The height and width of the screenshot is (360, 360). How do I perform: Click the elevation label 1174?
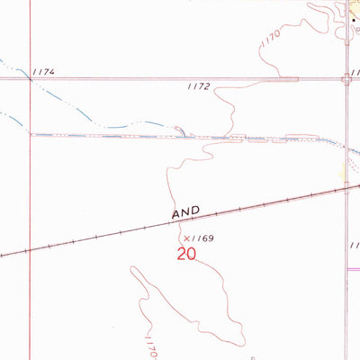pyautogui.click(x=42, y=70)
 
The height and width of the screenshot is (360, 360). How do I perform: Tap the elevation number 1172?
pyautogui.click(x=199, y=87)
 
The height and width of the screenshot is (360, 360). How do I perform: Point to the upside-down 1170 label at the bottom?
pyautogui.click(x=148, y=345)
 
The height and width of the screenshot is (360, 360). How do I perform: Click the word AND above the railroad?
pyautogui.click(x=185, y=214)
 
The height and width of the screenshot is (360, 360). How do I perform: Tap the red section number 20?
pyautogui.click(x=186, y=255)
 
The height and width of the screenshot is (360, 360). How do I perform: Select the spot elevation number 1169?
pyautogui.click(x=210, y=238)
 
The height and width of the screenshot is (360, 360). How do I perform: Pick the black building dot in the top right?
pyautogui.click(x=354, y=17)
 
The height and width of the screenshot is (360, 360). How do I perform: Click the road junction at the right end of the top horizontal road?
pyautogui.click(x=346, y=79)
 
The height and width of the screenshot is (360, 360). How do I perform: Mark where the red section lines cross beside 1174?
pyautogui.click(x=30, y=79)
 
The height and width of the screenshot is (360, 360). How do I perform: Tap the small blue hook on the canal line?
pyautogui.click(x=182, y=131)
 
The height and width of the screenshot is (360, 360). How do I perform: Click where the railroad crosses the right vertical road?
pyautogui.click(x=346, y=188)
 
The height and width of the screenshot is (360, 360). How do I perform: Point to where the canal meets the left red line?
pyautogui.click(x=30, y=135)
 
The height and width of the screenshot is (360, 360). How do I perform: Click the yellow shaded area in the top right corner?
pyautogui.click(x=353, y=7)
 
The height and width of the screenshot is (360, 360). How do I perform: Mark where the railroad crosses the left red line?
pyautogui.click(x=30, y=249)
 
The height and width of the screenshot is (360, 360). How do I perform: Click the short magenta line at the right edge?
pyautogui.click(x=353, y=267)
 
